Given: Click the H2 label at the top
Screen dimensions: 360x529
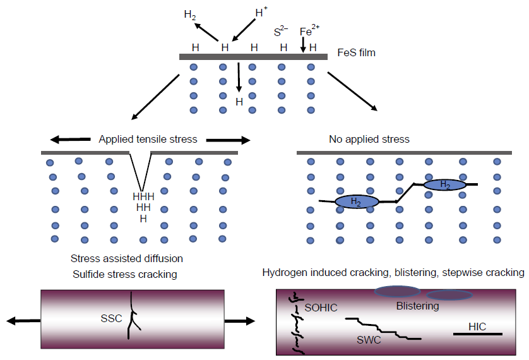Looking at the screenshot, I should [x=189, y=15].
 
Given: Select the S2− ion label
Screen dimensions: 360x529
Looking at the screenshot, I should [x=282, y=31].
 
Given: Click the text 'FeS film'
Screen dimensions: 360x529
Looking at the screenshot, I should [x=356, y=52].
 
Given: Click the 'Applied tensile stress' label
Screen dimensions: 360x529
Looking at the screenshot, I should [x=148, y=139].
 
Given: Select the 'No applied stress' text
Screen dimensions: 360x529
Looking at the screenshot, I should [x=369, y=139].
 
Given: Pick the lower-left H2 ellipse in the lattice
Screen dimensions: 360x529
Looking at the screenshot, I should [x=356, y=201].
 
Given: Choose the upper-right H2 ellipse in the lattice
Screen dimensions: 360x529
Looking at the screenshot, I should [x=445, y=184].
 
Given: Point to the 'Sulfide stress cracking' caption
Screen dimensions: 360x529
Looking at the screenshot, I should [x=123, y=273].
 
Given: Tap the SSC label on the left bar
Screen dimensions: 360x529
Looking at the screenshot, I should [x=111, y=318].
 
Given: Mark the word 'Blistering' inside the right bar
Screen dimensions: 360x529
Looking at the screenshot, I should [x=417, y=306].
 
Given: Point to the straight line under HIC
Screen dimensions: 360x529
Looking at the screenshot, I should [x=477, y=333].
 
